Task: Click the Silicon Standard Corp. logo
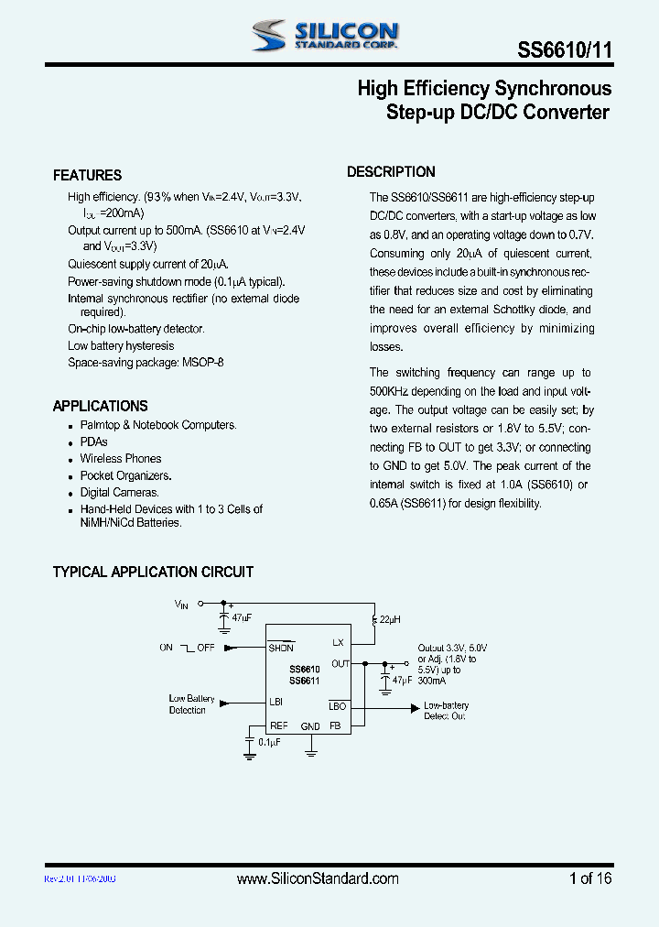(325, 36)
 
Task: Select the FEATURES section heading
(87, 175)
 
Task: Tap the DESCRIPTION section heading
(391, 172)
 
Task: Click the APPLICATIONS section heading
(100, 406)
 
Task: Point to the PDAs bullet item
(93, 442)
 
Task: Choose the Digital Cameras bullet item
(119, 493)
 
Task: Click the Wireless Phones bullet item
(120, 458)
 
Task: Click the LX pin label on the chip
(338, 642)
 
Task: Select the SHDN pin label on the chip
(281, 648)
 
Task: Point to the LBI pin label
(276, 703)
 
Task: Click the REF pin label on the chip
(278, 725)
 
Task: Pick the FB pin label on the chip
(335, 725)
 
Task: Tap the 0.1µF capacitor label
(268, 741)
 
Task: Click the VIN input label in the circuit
(181, 605)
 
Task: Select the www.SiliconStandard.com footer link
(318, 878)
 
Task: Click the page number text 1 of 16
(589, 878)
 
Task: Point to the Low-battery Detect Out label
(446, 710)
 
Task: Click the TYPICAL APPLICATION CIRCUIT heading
(153, 573)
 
